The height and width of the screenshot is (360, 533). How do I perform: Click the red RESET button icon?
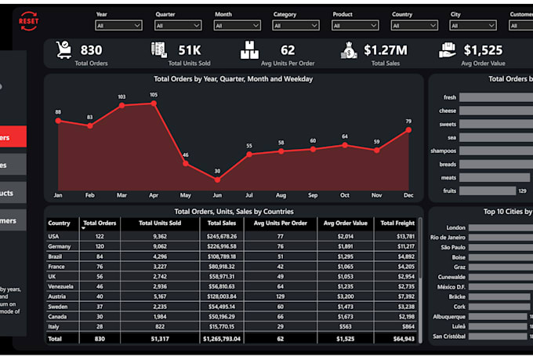pyautogui.click(x=27, y=17)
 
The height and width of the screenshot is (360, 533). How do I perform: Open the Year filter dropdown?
pyautogui.click(x=118, y=25)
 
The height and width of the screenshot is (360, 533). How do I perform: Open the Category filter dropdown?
pyautogui.click(x=296, y=25)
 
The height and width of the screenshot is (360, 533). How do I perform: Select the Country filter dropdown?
pyautogui.click(x=414, y=25)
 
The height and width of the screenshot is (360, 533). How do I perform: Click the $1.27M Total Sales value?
pyautogui.click(x=385, y=50)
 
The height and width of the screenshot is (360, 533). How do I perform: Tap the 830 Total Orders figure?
pyautogui.click(x=91, y=50)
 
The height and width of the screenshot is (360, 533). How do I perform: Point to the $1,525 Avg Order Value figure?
pyautogui.click(x=483, y=50)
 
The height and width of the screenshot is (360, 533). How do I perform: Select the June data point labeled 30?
pyautogui.click(x=217, y=179)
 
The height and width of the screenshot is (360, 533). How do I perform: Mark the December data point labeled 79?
pyautogui.click(x=408, y=129)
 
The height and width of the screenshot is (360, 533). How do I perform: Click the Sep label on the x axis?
pyautogui.click(x=313, y=195)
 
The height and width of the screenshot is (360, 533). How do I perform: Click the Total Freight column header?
pyautogui.click(x=397, y=224)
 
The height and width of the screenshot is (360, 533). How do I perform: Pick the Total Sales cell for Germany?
pyautogui.click(x=221, y=245)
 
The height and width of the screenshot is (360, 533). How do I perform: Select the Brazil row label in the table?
pyautogui.click(x=56, y=256)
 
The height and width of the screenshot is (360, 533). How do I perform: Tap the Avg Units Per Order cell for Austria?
pyautogui.click(x=280, y=296)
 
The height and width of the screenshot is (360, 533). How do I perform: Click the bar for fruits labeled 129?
pyautogui.click(x=486, y=190)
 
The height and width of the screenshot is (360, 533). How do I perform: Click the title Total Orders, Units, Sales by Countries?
pyautogui.click(x=234, y=211)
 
